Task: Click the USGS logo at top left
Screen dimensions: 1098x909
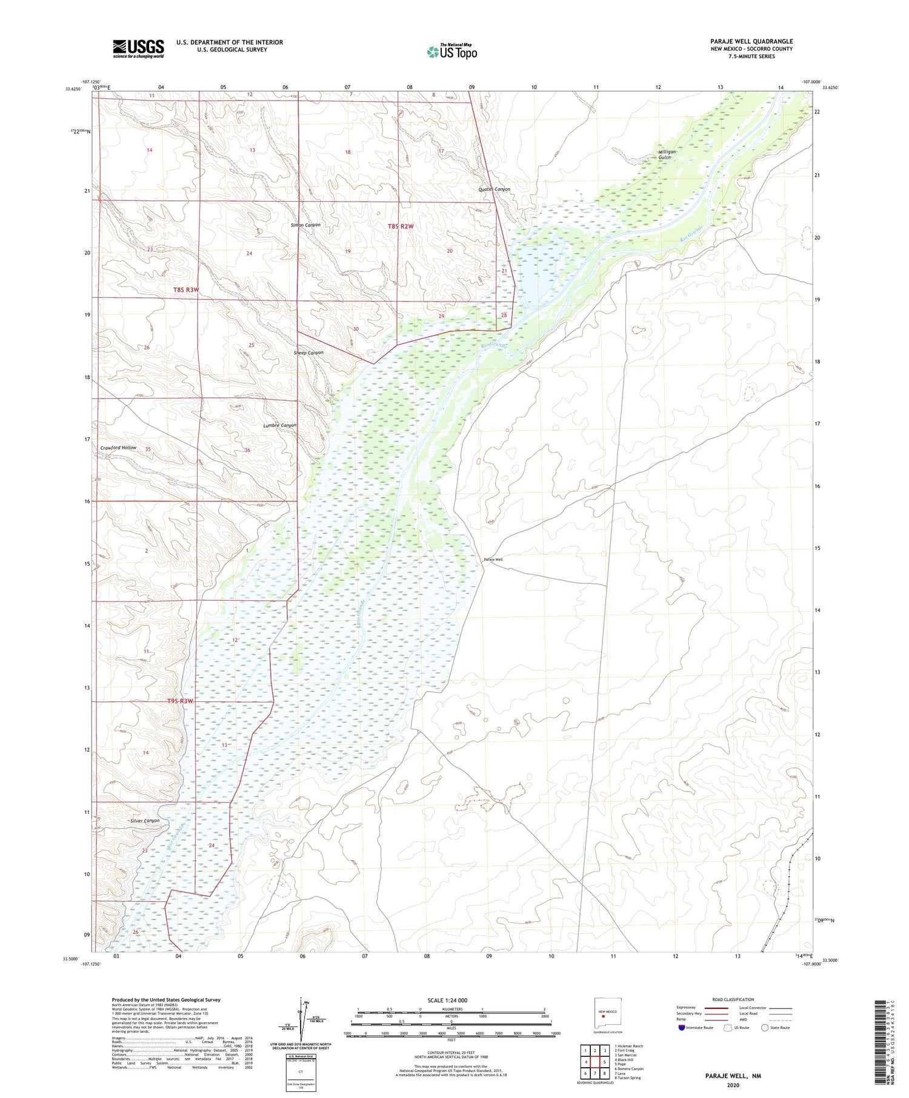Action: tap(138, 48)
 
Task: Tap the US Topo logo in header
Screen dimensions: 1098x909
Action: tap(451, 52)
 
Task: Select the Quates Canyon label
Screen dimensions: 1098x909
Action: tap(494, 190)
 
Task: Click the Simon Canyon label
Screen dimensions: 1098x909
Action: tap(305, 225)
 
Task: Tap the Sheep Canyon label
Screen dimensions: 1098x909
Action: tap(308, 352)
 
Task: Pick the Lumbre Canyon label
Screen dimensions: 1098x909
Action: tap(280, 425)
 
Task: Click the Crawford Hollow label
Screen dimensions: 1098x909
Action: tap(118, 448)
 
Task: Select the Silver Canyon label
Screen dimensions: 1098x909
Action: tap(145, 821)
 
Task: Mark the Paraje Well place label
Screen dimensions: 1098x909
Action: tap(493, 560)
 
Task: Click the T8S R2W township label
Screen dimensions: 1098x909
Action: tap(401, 226)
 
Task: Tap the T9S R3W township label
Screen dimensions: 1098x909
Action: tap(180, 701)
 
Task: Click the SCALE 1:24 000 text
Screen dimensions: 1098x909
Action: tap(447, 1000)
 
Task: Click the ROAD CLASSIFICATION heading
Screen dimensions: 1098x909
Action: tap(733, 999)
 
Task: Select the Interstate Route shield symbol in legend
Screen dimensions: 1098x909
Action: tap(682, 1028)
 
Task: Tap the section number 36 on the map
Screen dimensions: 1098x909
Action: tap(247, 450)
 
